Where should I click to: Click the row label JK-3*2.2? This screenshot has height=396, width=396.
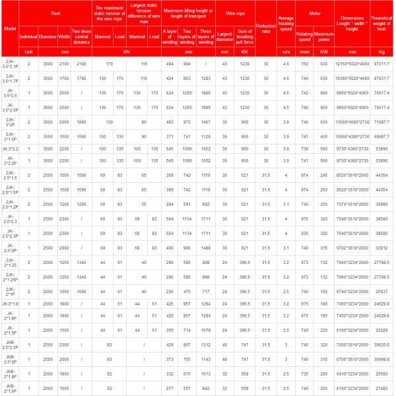(x=10, y=149)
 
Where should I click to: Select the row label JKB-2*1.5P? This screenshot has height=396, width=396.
(x=10, y=389)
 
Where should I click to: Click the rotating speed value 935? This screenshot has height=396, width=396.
(x=304, y=234)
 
